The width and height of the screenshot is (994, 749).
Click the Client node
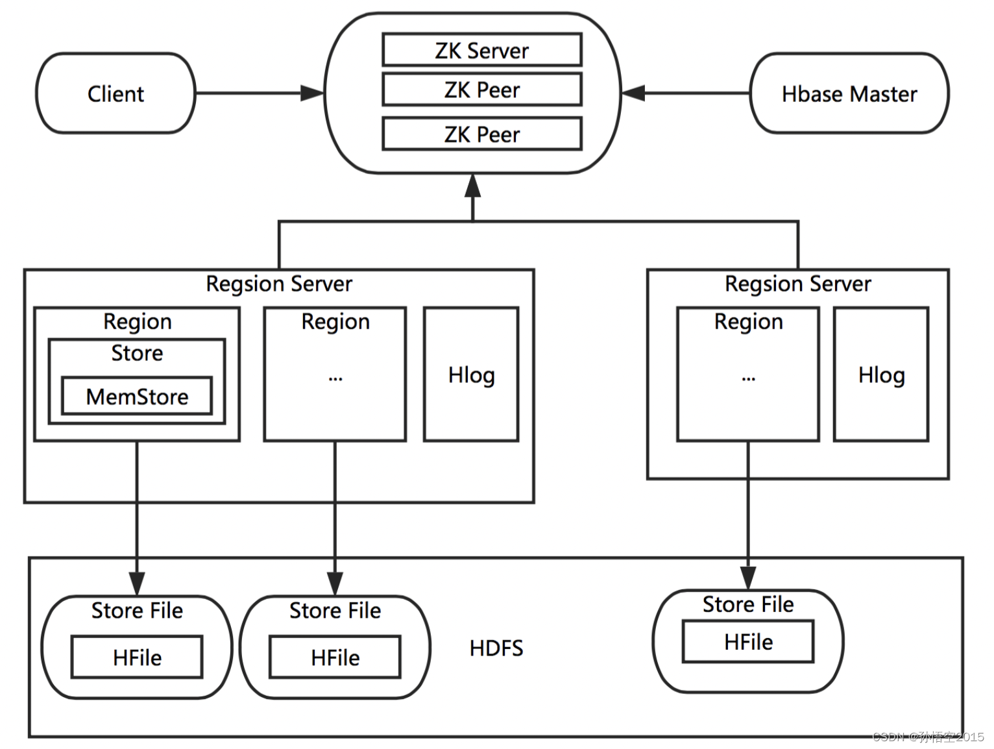(x=115, y=93)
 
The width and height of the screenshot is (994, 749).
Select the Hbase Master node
(x=849, y=93)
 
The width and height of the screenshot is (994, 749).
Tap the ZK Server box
(x=481, y=50)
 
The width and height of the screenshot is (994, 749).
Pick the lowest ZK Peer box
(x=481, y=134)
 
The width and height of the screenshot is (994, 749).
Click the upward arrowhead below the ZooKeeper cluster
(x=472, y=186)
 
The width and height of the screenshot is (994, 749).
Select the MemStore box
(x=137, y=396)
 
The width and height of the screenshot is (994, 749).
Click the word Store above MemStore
(x=137, y=353)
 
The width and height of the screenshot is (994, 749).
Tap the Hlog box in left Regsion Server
(x=471, y=374)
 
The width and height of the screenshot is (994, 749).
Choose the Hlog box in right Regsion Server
(x=880, y=374)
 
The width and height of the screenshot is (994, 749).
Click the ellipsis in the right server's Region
(x=748, y=378)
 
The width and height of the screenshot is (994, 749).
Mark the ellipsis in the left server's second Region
(x=335, y=378)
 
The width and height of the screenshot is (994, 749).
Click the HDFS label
(x=496, y=648)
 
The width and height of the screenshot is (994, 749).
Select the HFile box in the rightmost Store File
(x=747, y=642)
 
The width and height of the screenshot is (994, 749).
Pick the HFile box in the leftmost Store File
(x=137, y=657)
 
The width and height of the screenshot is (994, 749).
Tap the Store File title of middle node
(x=335, y=610)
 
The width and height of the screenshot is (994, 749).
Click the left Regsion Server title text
(x=279, y=284)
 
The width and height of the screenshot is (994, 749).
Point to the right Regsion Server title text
(x=797, y=284)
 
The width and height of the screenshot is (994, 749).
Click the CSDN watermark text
(x=928, y=737)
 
